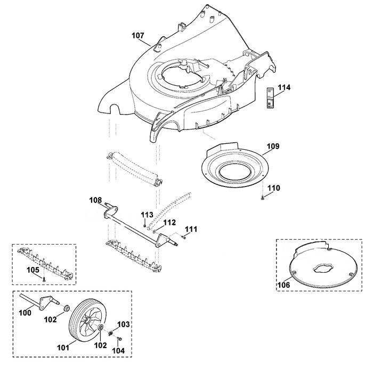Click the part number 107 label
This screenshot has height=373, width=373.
137,36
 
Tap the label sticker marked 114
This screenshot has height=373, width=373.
270,98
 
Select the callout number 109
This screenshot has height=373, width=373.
273,146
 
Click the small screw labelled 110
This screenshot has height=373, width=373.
263,197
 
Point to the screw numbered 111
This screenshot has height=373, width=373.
183,237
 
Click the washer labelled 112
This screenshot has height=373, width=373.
155,231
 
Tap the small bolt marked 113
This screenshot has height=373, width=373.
144,225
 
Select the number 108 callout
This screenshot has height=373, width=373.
95,200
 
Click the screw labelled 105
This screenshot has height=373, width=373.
44,280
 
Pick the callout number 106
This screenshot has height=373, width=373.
284,285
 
